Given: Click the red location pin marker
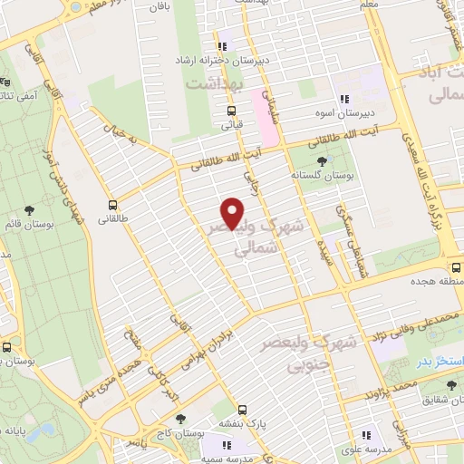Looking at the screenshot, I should (234, 213).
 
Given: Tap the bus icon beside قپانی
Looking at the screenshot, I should (231, 111).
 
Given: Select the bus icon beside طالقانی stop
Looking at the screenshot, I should (113, 205).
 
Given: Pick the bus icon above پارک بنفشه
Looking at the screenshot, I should (241, 409).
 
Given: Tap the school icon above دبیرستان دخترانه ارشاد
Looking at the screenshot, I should (221, 47).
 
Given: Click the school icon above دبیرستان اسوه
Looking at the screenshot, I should (343, 100).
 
